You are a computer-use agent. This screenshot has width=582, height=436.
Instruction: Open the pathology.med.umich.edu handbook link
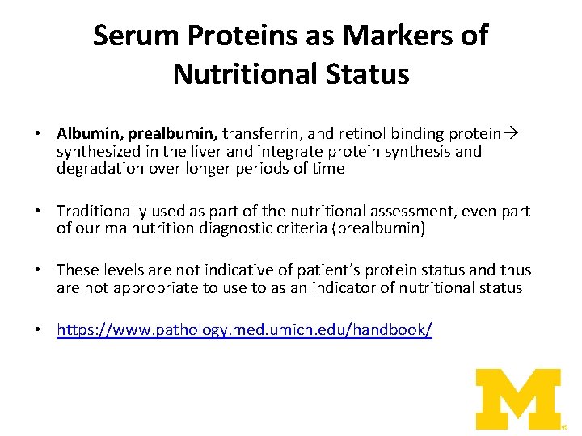point(244,330)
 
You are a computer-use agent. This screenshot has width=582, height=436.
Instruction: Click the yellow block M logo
point(517,398)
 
